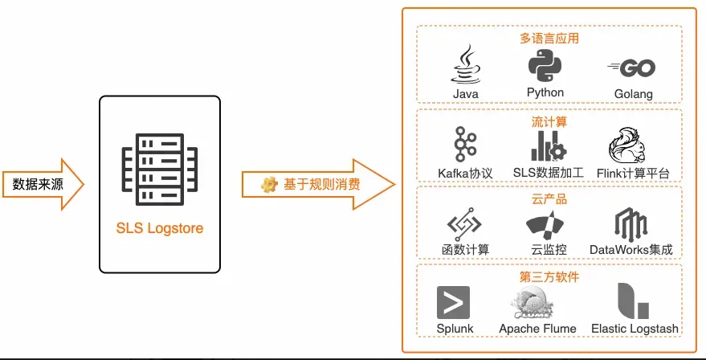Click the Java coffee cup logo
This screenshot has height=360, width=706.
click(x=466, y=64)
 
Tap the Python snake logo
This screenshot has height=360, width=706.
click(x=545, y=65)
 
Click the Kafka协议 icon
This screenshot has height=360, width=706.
click(x=465, y=145)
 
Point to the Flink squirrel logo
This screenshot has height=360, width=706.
click(x=632, y=145)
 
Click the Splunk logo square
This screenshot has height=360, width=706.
click(x=454, y=302)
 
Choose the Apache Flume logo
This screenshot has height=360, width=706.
click(x=537, y=302)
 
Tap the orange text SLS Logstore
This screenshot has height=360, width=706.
click(x=159, y=228)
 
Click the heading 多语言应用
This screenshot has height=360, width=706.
click(x=549, y=38)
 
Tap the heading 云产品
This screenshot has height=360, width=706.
click(x=549, y=199)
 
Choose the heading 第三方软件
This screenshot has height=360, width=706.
click(x=549, y=277)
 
